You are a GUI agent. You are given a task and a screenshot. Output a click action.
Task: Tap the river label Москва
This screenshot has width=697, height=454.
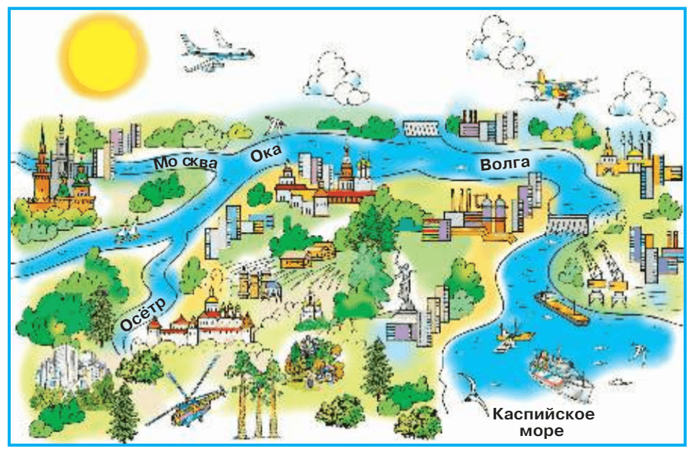tap(185, 163)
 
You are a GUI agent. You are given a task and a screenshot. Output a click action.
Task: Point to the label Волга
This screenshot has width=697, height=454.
tap(505, 164)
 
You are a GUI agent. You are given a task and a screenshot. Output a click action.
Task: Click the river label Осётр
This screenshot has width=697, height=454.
tap(142, 315)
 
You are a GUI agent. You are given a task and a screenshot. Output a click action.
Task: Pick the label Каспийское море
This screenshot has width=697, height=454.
tap(544, 423)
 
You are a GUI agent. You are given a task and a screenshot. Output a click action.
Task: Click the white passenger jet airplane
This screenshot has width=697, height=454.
tap(216, 52)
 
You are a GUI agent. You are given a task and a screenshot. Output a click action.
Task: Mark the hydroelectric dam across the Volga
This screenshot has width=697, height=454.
tap(567, 224)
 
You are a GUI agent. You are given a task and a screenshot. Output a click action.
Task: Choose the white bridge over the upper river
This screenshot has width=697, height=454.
tap(421, 129)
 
